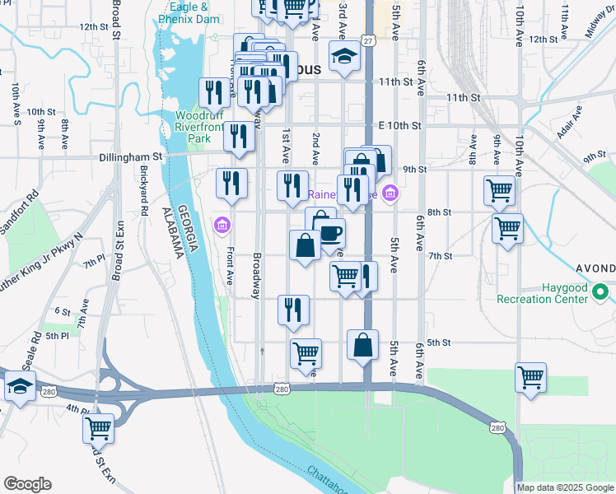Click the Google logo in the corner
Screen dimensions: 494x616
[27, 484]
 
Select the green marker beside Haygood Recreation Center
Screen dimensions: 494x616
[602, 291]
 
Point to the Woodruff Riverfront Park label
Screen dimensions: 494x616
[205, 128]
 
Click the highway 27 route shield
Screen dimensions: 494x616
[367, 40]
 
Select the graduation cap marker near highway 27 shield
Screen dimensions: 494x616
[343, 57]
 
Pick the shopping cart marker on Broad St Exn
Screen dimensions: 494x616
[98, 427]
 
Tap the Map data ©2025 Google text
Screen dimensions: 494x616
[566, 487]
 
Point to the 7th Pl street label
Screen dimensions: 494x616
[91, 263]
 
